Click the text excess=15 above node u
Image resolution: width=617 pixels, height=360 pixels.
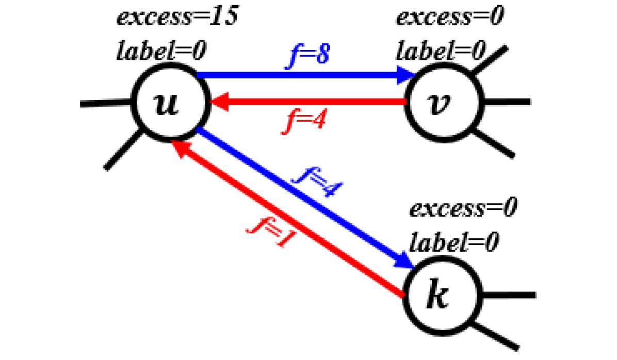[178, 18]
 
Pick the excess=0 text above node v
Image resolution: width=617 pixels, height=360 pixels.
[449, 18]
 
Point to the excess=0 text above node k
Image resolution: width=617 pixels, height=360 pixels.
[463, 209]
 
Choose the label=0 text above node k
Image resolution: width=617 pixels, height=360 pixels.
[454, 241]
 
